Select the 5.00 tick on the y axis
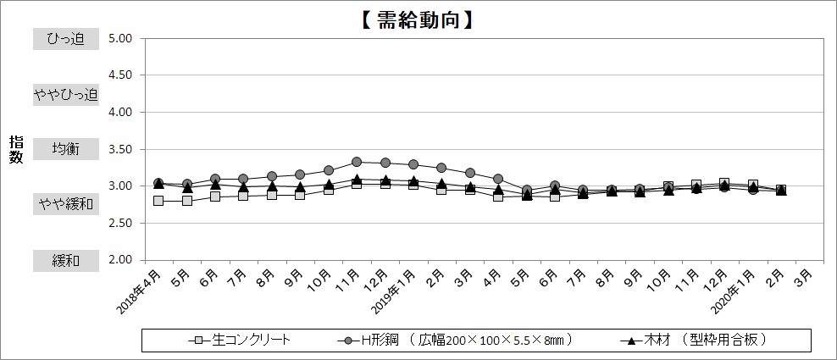[x=120, y=38]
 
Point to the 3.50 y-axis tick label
[x=120, y=149]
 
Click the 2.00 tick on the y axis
[x=120, y=260]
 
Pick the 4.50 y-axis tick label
[x=120, y=75]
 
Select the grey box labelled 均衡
[x=66, y=149]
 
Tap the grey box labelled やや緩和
[x=66, y=204]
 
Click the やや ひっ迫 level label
[x=66, y=94]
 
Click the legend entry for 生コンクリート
[x=241, y=341]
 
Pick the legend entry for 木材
[x=695, y=341]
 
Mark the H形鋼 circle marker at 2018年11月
[x=357, y=162]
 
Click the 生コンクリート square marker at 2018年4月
[x=158, y=201]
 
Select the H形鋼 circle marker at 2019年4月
[x=498, y=179]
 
